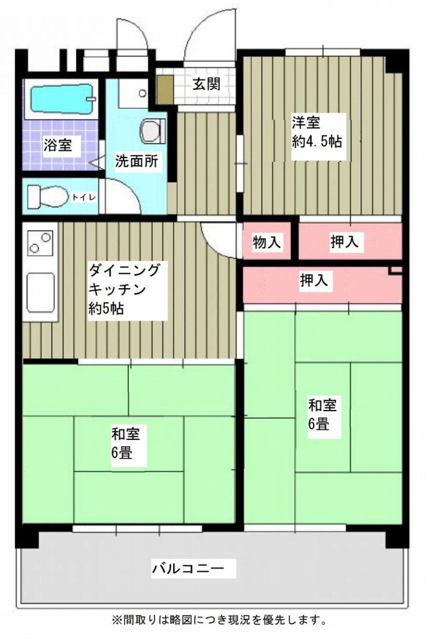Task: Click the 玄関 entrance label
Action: point(206,84)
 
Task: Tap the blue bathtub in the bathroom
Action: point(62,99)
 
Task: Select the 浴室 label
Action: point(58,145)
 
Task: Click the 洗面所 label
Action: point(136,161)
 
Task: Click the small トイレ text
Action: point(84,197)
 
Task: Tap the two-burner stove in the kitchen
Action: point(41,242)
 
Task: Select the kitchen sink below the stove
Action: point(41,292)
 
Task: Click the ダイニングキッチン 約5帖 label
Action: point(124,289)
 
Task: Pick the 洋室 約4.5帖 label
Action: point(317,132)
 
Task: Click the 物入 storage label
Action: point(267,242)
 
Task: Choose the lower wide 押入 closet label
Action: point(314,280)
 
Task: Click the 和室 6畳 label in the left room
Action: point(126,443)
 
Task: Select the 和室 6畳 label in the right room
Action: point(323,415)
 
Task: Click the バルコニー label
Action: point(188,568)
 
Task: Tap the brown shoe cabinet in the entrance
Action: point(165,89)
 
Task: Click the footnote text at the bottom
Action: point(219,621)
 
